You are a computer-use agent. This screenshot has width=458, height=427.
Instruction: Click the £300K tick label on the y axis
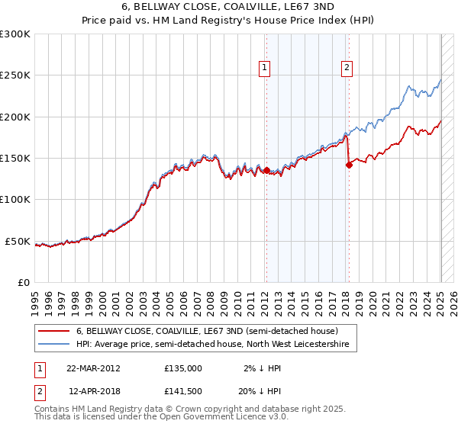click(x=15, y=34)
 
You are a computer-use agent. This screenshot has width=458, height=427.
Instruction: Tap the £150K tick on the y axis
click(x=15, y=158)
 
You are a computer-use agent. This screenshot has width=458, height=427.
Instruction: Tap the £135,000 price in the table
click(x=183, y=368)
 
